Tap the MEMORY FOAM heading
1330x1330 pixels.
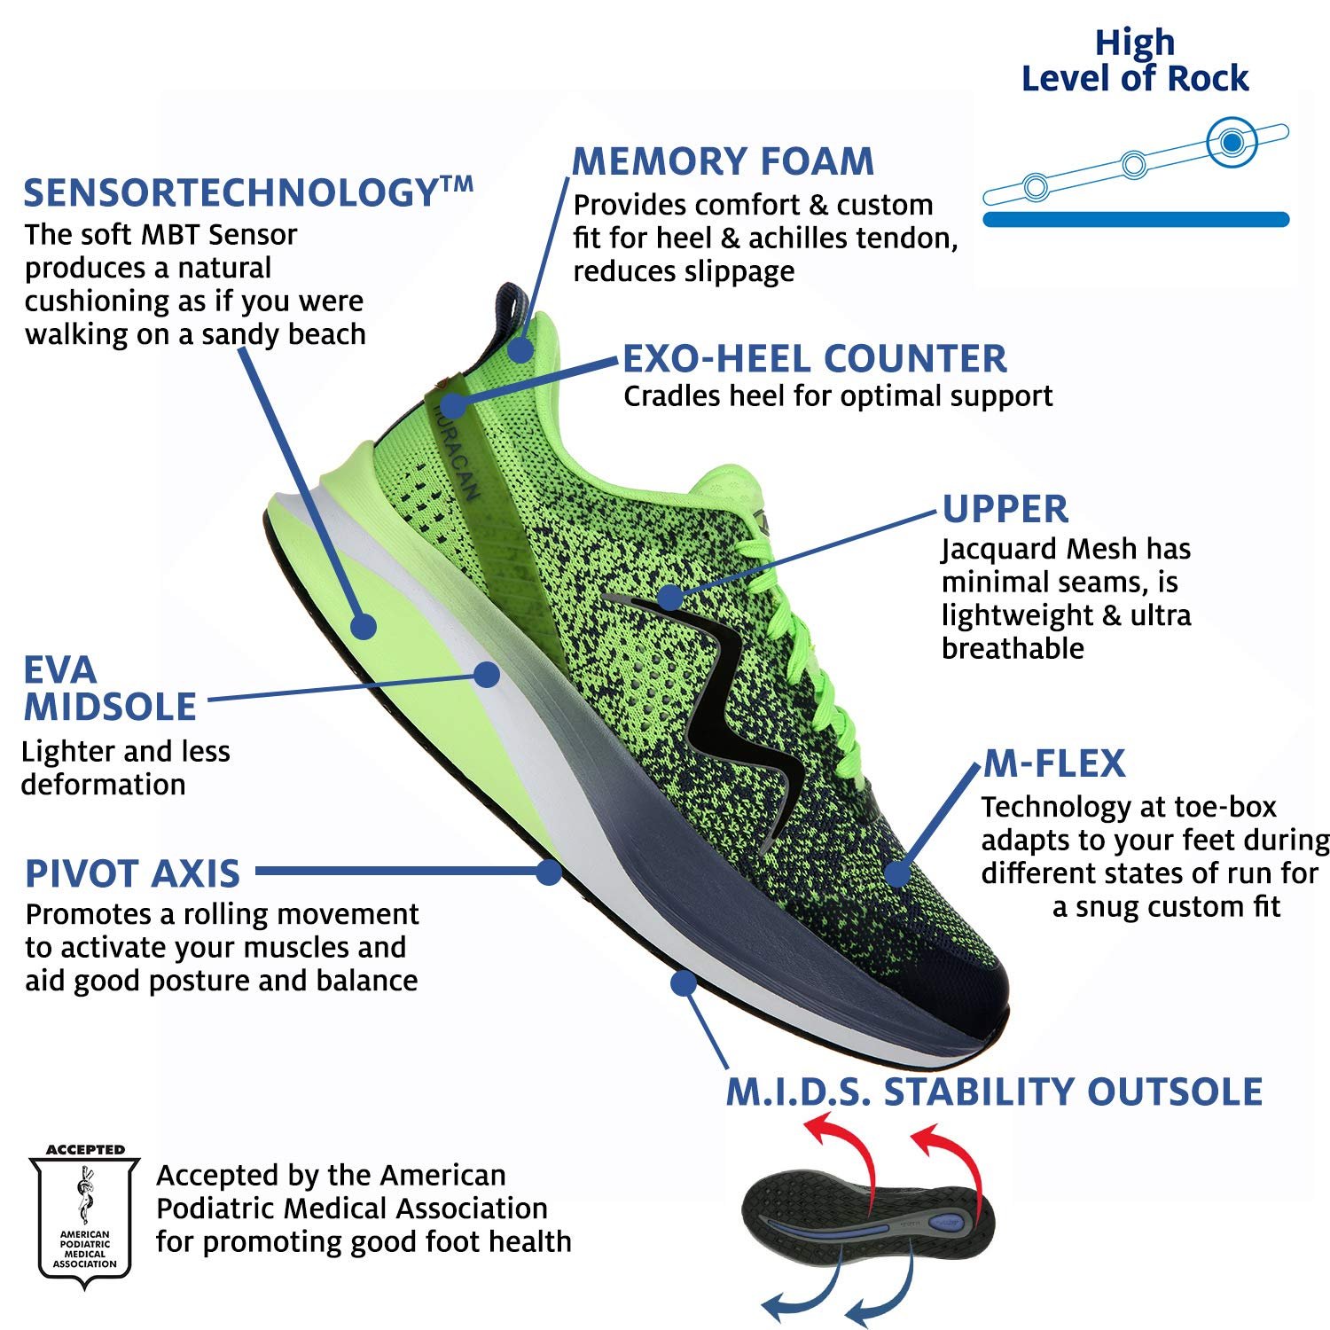click(723, 161)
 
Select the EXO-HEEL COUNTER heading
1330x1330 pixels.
click(814, 359)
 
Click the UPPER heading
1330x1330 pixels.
click(1005, 509)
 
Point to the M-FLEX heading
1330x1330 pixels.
click(1054, 763)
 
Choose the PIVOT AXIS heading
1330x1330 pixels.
click(133, 873)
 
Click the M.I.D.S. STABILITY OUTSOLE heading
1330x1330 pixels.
click(994, 1091)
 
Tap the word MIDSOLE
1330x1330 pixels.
click(110, 707)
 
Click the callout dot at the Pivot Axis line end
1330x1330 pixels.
click(549, 872)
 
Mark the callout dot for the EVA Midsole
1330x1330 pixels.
click(486, 674)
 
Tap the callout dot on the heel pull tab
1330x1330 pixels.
click(521, 348)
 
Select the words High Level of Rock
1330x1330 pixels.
click(1135, 60)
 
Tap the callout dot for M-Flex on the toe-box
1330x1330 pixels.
click(898, 873)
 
